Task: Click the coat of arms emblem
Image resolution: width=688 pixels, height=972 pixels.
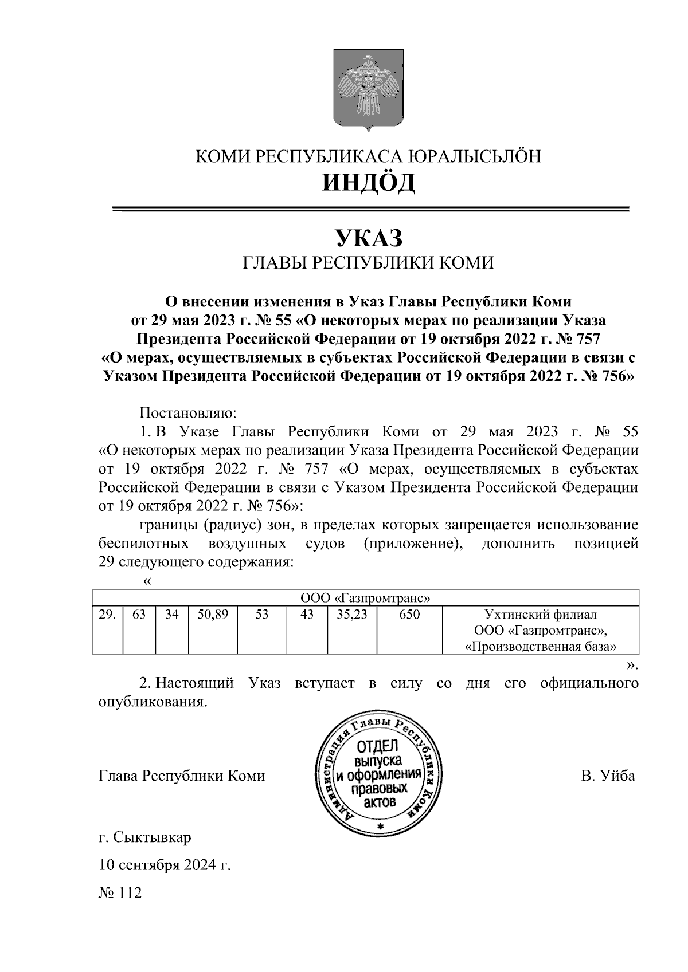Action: pyautogui.click(x=368, y=89)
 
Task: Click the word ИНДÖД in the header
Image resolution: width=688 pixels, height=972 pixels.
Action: pyautogui.click(x=368, y=183)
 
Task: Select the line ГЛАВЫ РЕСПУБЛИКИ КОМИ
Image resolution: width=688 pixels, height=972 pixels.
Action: pyautogui.click(x=368, y=263)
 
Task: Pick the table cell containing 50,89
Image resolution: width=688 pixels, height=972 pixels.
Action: pyautogui.click(x=213, y=615)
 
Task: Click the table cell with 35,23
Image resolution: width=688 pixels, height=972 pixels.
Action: pyautogui.click(x=352, y=615)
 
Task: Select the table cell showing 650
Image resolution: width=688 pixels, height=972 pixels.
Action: pyautogui.click(x=409, y=615)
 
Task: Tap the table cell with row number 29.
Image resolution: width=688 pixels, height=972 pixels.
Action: pyautogui.click(x=107, y=615)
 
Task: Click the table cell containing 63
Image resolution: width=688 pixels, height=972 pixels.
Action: pyautogui.click(x=139, y=615)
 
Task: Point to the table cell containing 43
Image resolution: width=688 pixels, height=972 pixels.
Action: pyautogui.click(x=307, y=615)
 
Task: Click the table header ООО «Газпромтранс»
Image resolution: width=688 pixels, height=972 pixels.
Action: pyautogui.click(x=366, y=599)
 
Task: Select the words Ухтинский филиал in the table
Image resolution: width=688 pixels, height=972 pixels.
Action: pyautogui.click(x=540, y=615)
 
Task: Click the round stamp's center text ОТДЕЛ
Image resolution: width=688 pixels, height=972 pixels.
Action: pyautogui.click(x=377, y=748)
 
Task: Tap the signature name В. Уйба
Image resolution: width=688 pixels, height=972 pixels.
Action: pyautogui.click(x=607, y=776)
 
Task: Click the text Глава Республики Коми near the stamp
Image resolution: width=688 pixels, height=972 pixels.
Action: pyautogui.click(x=182, y=776)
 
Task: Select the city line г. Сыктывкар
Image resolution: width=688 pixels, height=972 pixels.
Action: pyautogui.click(x=145, y=838)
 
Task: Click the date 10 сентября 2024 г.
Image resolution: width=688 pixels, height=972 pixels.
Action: pyautogui.click(x=165, y=865)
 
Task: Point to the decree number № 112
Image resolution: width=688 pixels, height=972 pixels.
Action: pyautogui.click(x=120, y=893)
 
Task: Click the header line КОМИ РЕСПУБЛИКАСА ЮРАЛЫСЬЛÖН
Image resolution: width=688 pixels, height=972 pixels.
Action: pyautogui.click(x=368, y=156)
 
